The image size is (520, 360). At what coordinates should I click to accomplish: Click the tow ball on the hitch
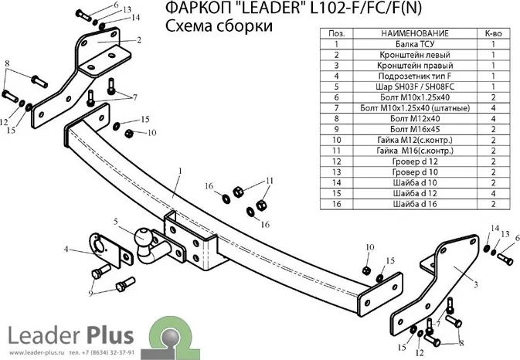point(144,239)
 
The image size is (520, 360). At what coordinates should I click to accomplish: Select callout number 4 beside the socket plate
point(67,250)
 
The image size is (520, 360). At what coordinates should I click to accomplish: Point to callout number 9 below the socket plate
point(91,294)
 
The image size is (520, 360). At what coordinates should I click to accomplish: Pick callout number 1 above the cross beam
point(179,169)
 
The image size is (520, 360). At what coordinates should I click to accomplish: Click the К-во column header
point(493,34)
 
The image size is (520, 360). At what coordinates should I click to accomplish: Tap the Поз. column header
point(337,34)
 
